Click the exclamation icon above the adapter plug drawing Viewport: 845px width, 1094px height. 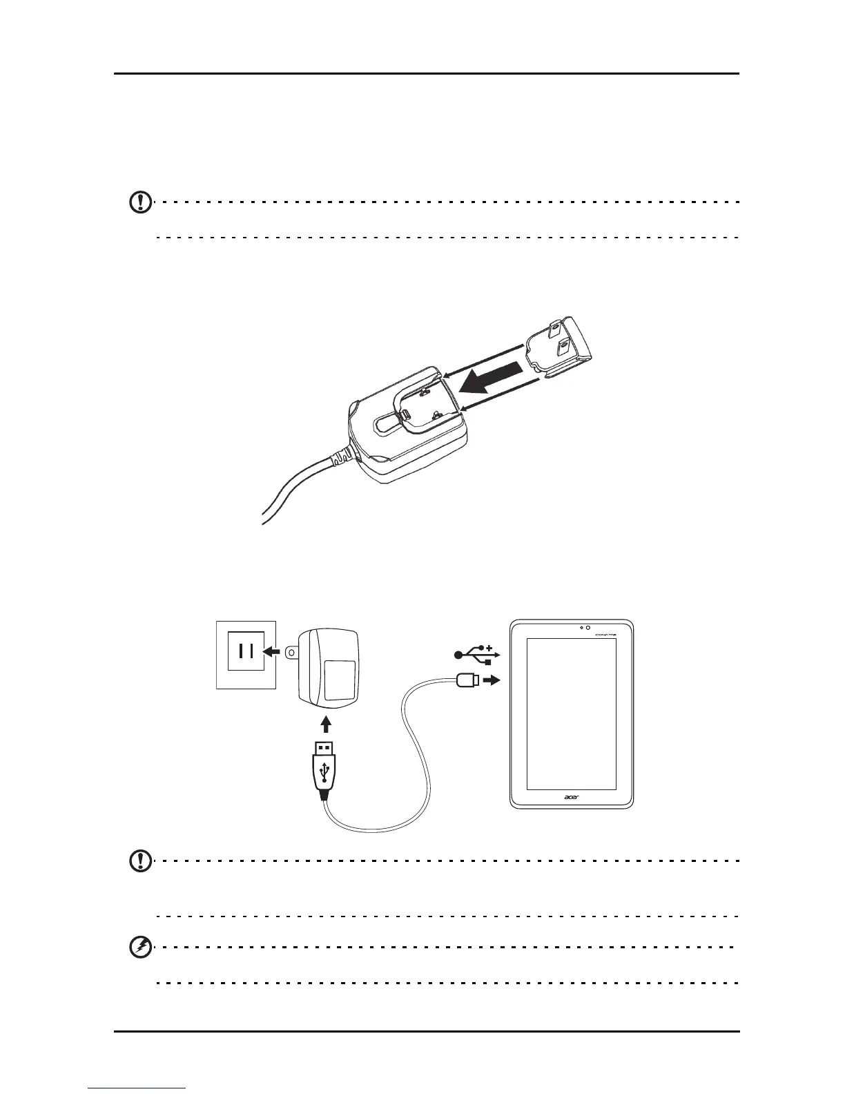pos(141,202)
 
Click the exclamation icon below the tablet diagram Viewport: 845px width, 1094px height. pos(141,861)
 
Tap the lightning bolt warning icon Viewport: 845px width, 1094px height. pos(141,948)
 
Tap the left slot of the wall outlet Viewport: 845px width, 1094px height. pos(239,651)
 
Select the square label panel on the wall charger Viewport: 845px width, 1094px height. pos(340,680)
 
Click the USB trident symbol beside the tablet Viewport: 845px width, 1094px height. pos(476,654)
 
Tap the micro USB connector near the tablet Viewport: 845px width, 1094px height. pos(467,681)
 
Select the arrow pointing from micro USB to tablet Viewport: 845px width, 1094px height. pos(491,680)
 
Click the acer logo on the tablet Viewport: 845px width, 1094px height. pos(571,798)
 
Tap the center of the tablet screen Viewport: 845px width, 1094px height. pos(571,713)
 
